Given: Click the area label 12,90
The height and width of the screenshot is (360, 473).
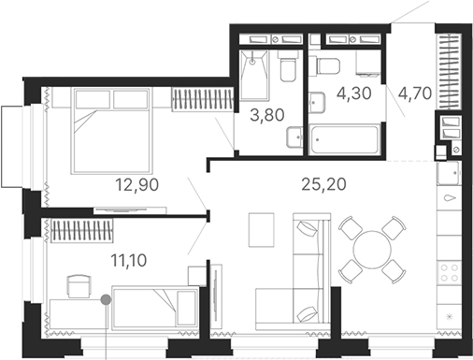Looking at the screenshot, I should pyautogui.click(x=133, y=184).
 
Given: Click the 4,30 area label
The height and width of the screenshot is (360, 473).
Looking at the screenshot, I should pyautogui.click(x=342, y=95).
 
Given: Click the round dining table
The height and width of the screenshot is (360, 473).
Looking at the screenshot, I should pyautogui.click(x=370, y=248).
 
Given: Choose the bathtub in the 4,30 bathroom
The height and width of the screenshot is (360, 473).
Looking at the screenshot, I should pyautogui.click(x=344, y=139).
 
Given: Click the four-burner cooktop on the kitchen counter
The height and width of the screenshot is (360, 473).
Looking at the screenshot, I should pyautogui.click(x=449, y=270).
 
